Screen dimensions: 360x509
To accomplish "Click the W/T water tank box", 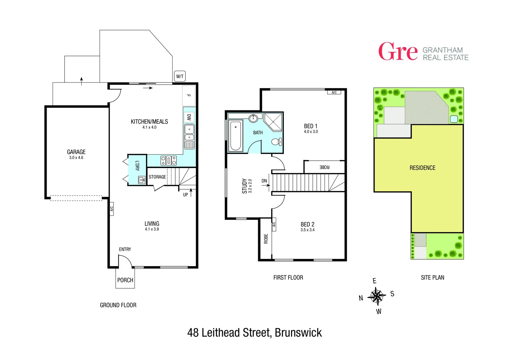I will [x=180, y=76].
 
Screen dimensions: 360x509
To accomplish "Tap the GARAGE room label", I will [x=76, y=152].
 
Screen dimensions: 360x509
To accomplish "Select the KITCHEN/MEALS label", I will [x=149, y=122].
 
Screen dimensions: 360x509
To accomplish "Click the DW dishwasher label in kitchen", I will [x=189, y=117].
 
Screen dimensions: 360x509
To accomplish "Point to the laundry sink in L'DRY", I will [x=142, y=180].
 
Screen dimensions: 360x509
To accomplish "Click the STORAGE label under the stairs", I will [x=157, y=177].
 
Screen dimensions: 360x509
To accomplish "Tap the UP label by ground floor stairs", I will [x=186, y=195].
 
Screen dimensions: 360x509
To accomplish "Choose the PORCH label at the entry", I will [x=125, y=280].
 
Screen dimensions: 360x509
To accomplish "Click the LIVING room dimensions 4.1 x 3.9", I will [x=152, y=229].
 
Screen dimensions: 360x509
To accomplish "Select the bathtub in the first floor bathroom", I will [x=236, y=136].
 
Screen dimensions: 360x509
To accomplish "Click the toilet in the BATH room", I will [x=276, y=142].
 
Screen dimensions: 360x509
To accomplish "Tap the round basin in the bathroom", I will [x=253, y=118].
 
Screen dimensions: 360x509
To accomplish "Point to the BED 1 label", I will [x=310, y=126].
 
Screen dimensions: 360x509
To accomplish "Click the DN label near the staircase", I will [x=264, y=181].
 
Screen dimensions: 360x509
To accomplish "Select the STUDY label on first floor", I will [x=245, y=186].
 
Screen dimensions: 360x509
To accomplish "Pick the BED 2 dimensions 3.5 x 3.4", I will [x=307, y=230].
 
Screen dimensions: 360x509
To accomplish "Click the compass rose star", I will [x=376, y=296].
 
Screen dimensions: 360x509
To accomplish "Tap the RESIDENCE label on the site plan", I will [x=422, y=168].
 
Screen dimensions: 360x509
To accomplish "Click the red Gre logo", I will [x=398, y=52].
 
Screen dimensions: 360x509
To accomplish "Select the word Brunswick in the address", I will [x=298, y=333].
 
